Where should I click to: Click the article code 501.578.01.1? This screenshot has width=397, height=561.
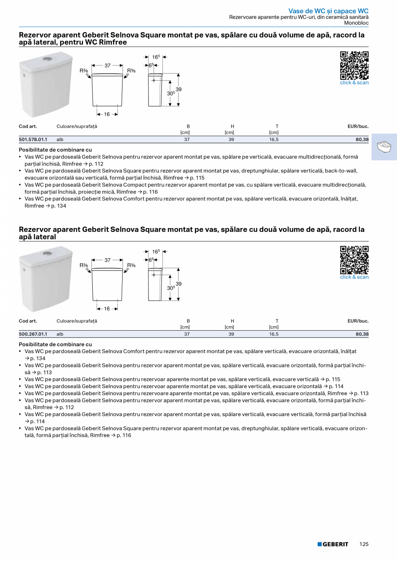[33, 140]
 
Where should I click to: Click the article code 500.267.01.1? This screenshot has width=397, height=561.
[33, 334]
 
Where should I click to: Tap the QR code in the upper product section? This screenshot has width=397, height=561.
[354, 65]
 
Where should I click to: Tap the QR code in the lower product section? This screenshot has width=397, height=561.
[354, 260]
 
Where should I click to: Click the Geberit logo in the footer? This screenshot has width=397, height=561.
[333, 544]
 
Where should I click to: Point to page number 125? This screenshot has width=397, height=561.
[364, 544]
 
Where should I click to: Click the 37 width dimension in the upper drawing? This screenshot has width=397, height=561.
[107, 66]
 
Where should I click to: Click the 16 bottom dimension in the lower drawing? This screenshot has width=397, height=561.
[107, 309]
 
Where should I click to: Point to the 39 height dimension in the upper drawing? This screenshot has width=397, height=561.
[179, 89]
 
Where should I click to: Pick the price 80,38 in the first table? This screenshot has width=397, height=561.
[362, 140]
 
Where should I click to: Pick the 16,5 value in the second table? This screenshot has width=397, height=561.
[274, 334]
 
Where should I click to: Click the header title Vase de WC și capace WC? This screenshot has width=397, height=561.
[328, 11]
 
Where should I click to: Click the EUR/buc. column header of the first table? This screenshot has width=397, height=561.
[358, 126]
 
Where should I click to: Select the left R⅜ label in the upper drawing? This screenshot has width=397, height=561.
[84, 70]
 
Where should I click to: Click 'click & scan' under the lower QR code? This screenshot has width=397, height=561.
[354, 277]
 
